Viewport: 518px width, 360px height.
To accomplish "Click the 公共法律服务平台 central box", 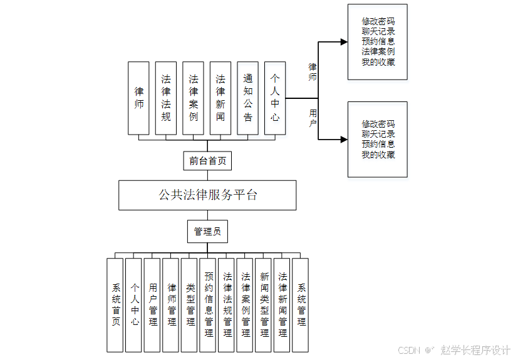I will pos(207,195).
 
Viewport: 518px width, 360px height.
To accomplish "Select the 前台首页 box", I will pos(207,161).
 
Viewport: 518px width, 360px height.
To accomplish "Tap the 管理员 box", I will pos(207,232).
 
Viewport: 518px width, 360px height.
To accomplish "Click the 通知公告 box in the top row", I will pos(248,98).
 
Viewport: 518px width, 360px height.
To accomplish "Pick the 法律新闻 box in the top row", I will pos(220,98).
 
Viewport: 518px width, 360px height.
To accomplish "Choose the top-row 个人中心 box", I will pos(275,98).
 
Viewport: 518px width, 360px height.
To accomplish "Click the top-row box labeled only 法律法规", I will pos(166,98).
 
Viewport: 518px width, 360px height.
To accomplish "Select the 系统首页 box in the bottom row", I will pos(116,305).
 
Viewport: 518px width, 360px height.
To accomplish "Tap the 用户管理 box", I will pos(153,305).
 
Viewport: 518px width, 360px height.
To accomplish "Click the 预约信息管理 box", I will pos(209,305).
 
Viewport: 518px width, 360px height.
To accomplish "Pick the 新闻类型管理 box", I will pos(264,305).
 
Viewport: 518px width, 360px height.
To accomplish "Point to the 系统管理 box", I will pos(301,305).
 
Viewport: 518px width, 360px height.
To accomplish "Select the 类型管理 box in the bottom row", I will pos(190,305).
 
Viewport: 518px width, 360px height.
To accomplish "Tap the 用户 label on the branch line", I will pos(313,118).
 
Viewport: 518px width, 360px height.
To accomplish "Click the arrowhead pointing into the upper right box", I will pos(343,42).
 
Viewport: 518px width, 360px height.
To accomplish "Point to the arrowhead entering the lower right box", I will pos(343,140).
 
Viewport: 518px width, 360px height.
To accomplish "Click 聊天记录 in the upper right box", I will pos(378,31).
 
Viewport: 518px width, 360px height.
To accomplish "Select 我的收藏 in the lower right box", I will pos(378,155).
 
